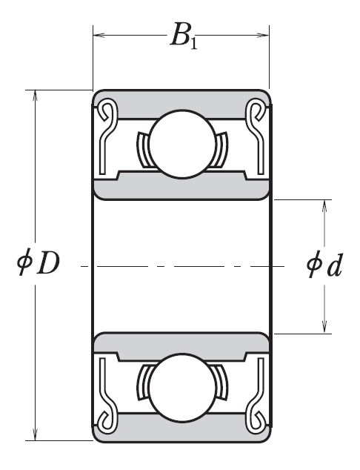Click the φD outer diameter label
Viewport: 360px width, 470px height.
(x=37, y=263)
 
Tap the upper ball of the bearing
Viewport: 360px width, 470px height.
(x=180, y=144)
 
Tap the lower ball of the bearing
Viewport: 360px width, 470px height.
(x=180, y=388)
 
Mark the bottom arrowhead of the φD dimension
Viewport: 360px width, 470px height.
(x=34, y=435)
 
